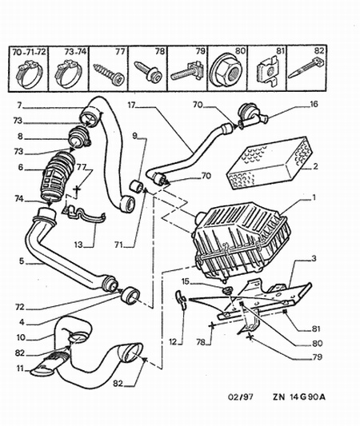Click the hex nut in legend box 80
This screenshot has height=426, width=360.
click(226, 72)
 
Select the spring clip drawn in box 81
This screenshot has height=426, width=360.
click(267, 71)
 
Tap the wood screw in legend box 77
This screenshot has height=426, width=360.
click(109, 72)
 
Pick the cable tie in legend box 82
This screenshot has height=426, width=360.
click(306, 67)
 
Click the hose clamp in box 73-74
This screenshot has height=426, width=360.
click(69, 74)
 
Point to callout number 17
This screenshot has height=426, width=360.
click(132, 105)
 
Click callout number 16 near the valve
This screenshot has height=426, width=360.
click(314, 104)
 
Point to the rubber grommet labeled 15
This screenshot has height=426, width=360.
click(227, 290)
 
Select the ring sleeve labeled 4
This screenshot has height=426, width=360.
click(130, 296)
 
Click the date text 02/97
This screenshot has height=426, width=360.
click(240, 396)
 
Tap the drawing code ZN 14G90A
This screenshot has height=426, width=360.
click(299, 396)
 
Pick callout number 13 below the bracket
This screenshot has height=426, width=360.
click(78, 245)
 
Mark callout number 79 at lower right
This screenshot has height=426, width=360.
click(317, 356)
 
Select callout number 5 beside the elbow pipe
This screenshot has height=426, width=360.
click(22, 261)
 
